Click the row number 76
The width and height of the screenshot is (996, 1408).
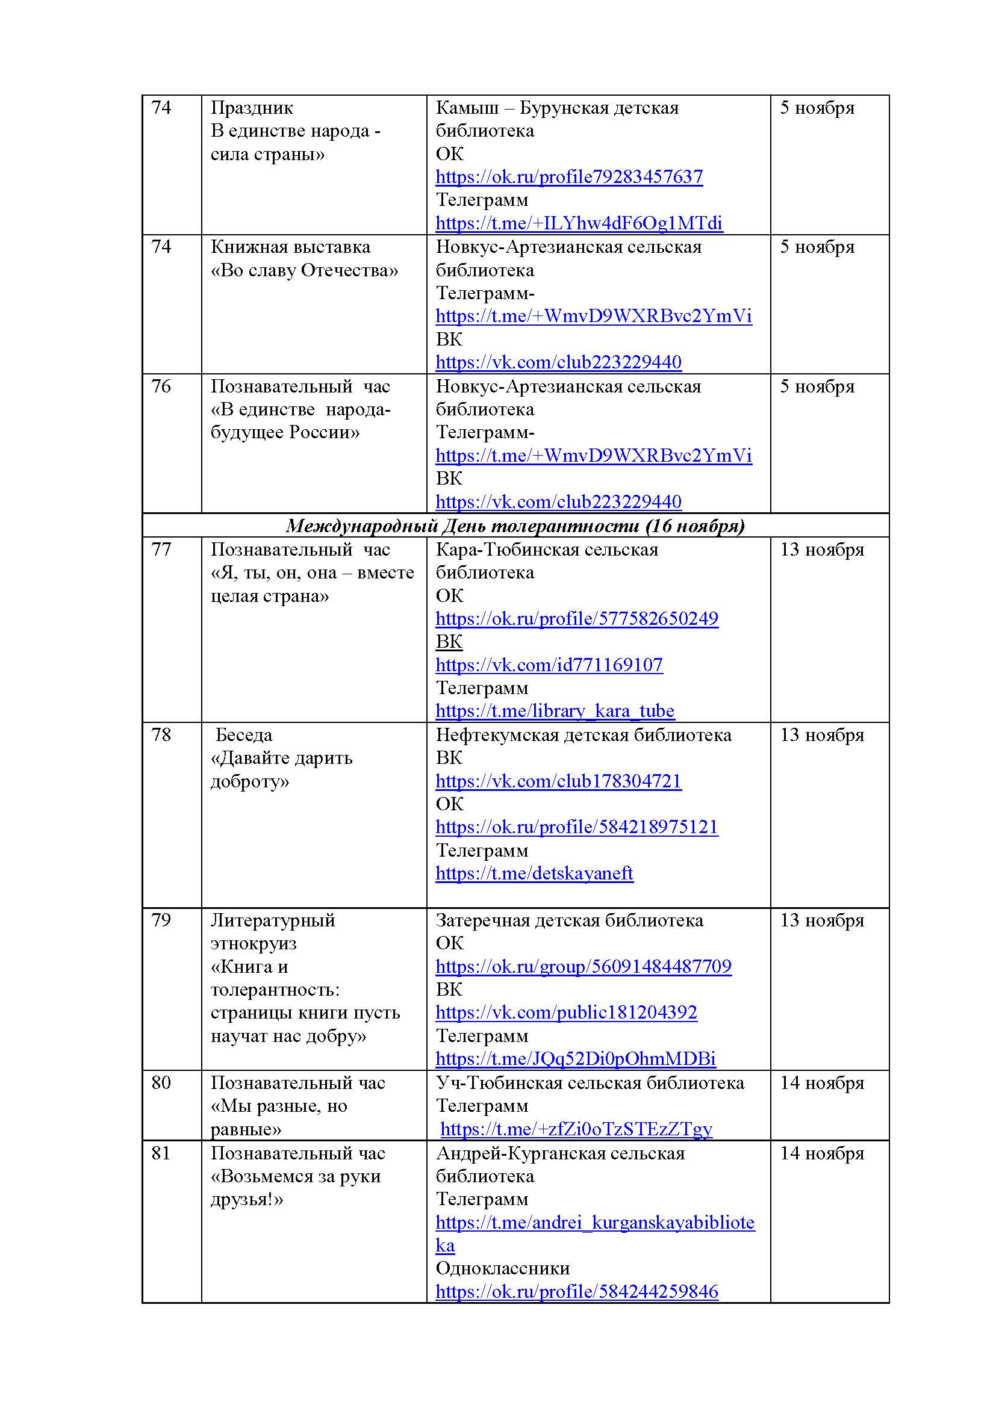161,386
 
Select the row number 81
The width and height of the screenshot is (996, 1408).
161,1153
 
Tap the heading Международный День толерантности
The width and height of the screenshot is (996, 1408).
515,526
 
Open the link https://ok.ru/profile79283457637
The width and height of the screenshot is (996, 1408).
568,177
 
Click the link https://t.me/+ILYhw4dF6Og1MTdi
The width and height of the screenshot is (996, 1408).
578,223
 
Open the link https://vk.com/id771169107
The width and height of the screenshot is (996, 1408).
549,665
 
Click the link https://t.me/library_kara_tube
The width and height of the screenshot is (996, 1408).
555,711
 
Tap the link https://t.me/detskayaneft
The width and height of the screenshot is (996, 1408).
534,873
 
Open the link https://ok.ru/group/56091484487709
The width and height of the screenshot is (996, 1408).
584,967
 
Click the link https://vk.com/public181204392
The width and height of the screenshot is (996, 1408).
566,1013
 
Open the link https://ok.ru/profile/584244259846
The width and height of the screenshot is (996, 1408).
576,1291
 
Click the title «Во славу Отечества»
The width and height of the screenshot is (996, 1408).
304,270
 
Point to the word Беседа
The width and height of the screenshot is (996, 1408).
243,734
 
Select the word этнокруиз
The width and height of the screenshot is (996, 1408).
254,943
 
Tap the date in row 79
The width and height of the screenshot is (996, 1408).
821,920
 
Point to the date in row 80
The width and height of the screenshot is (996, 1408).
821,1083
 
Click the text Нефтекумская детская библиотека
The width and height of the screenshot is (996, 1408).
584,734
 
